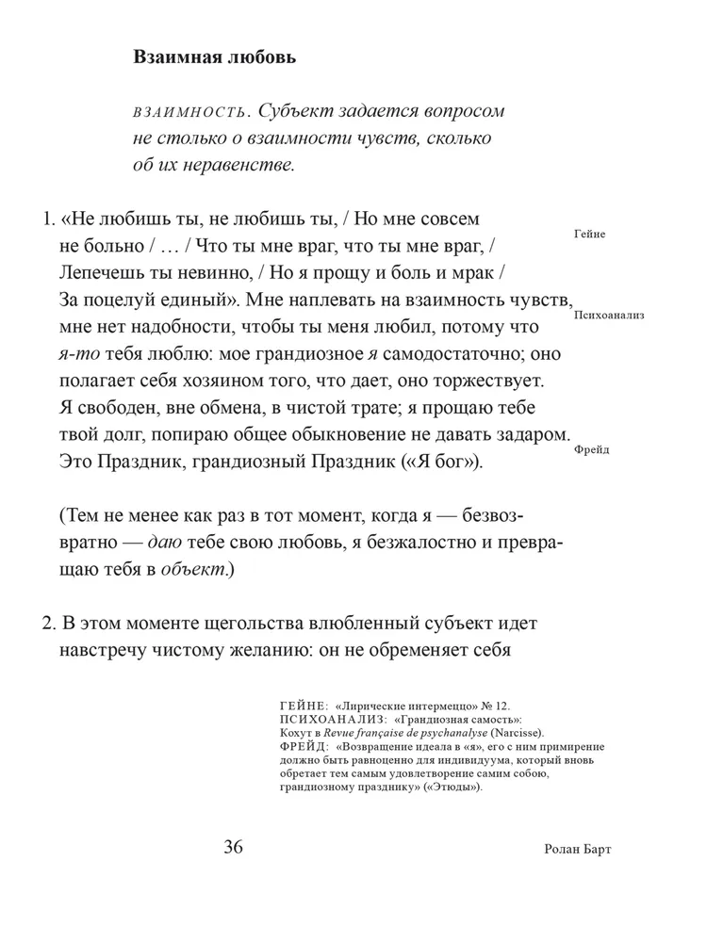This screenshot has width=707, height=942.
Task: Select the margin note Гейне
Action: [x=588, y=234]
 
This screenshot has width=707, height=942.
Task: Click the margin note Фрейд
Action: [x=591, y=449]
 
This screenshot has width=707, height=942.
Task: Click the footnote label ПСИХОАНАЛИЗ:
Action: [x=335, y=719]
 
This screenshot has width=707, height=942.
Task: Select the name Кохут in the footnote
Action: [x=297, y=732]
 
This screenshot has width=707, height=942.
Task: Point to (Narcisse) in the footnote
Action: [x=517, y=732]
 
